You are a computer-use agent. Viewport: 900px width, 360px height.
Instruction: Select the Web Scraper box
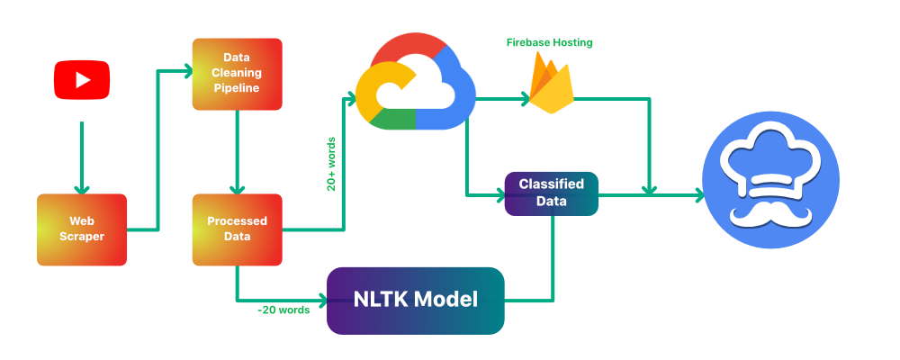tap(82, 229)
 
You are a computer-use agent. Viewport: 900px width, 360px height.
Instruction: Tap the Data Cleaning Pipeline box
tap(238, 75)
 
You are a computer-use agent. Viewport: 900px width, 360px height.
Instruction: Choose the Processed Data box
tap(237, 229)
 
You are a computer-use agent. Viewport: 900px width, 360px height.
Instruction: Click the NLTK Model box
tap(415, 300)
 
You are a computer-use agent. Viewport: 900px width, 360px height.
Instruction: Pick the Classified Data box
tap(551, 193)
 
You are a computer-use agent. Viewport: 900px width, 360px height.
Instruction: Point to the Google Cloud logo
tap(415, 83)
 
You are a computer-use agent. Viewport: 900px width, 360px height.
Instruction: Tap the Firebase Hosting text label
tap(550, 42)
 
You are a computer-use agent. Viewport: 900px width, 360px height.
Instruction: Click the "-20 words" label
tap(283, 310)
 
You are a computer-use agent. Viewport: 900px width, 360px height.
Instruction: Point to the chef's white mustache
tap(770, 214)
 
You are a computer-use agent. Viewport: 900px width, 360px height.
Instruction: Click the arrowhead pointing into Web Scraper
tap(82, 188)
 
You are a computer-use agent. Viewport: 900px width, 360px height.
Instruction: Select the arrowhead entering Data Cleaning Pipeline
tap(188, 67)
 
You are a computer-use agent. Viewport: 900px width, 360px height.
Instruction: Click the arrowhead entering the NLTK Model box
tap(321, 300)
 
